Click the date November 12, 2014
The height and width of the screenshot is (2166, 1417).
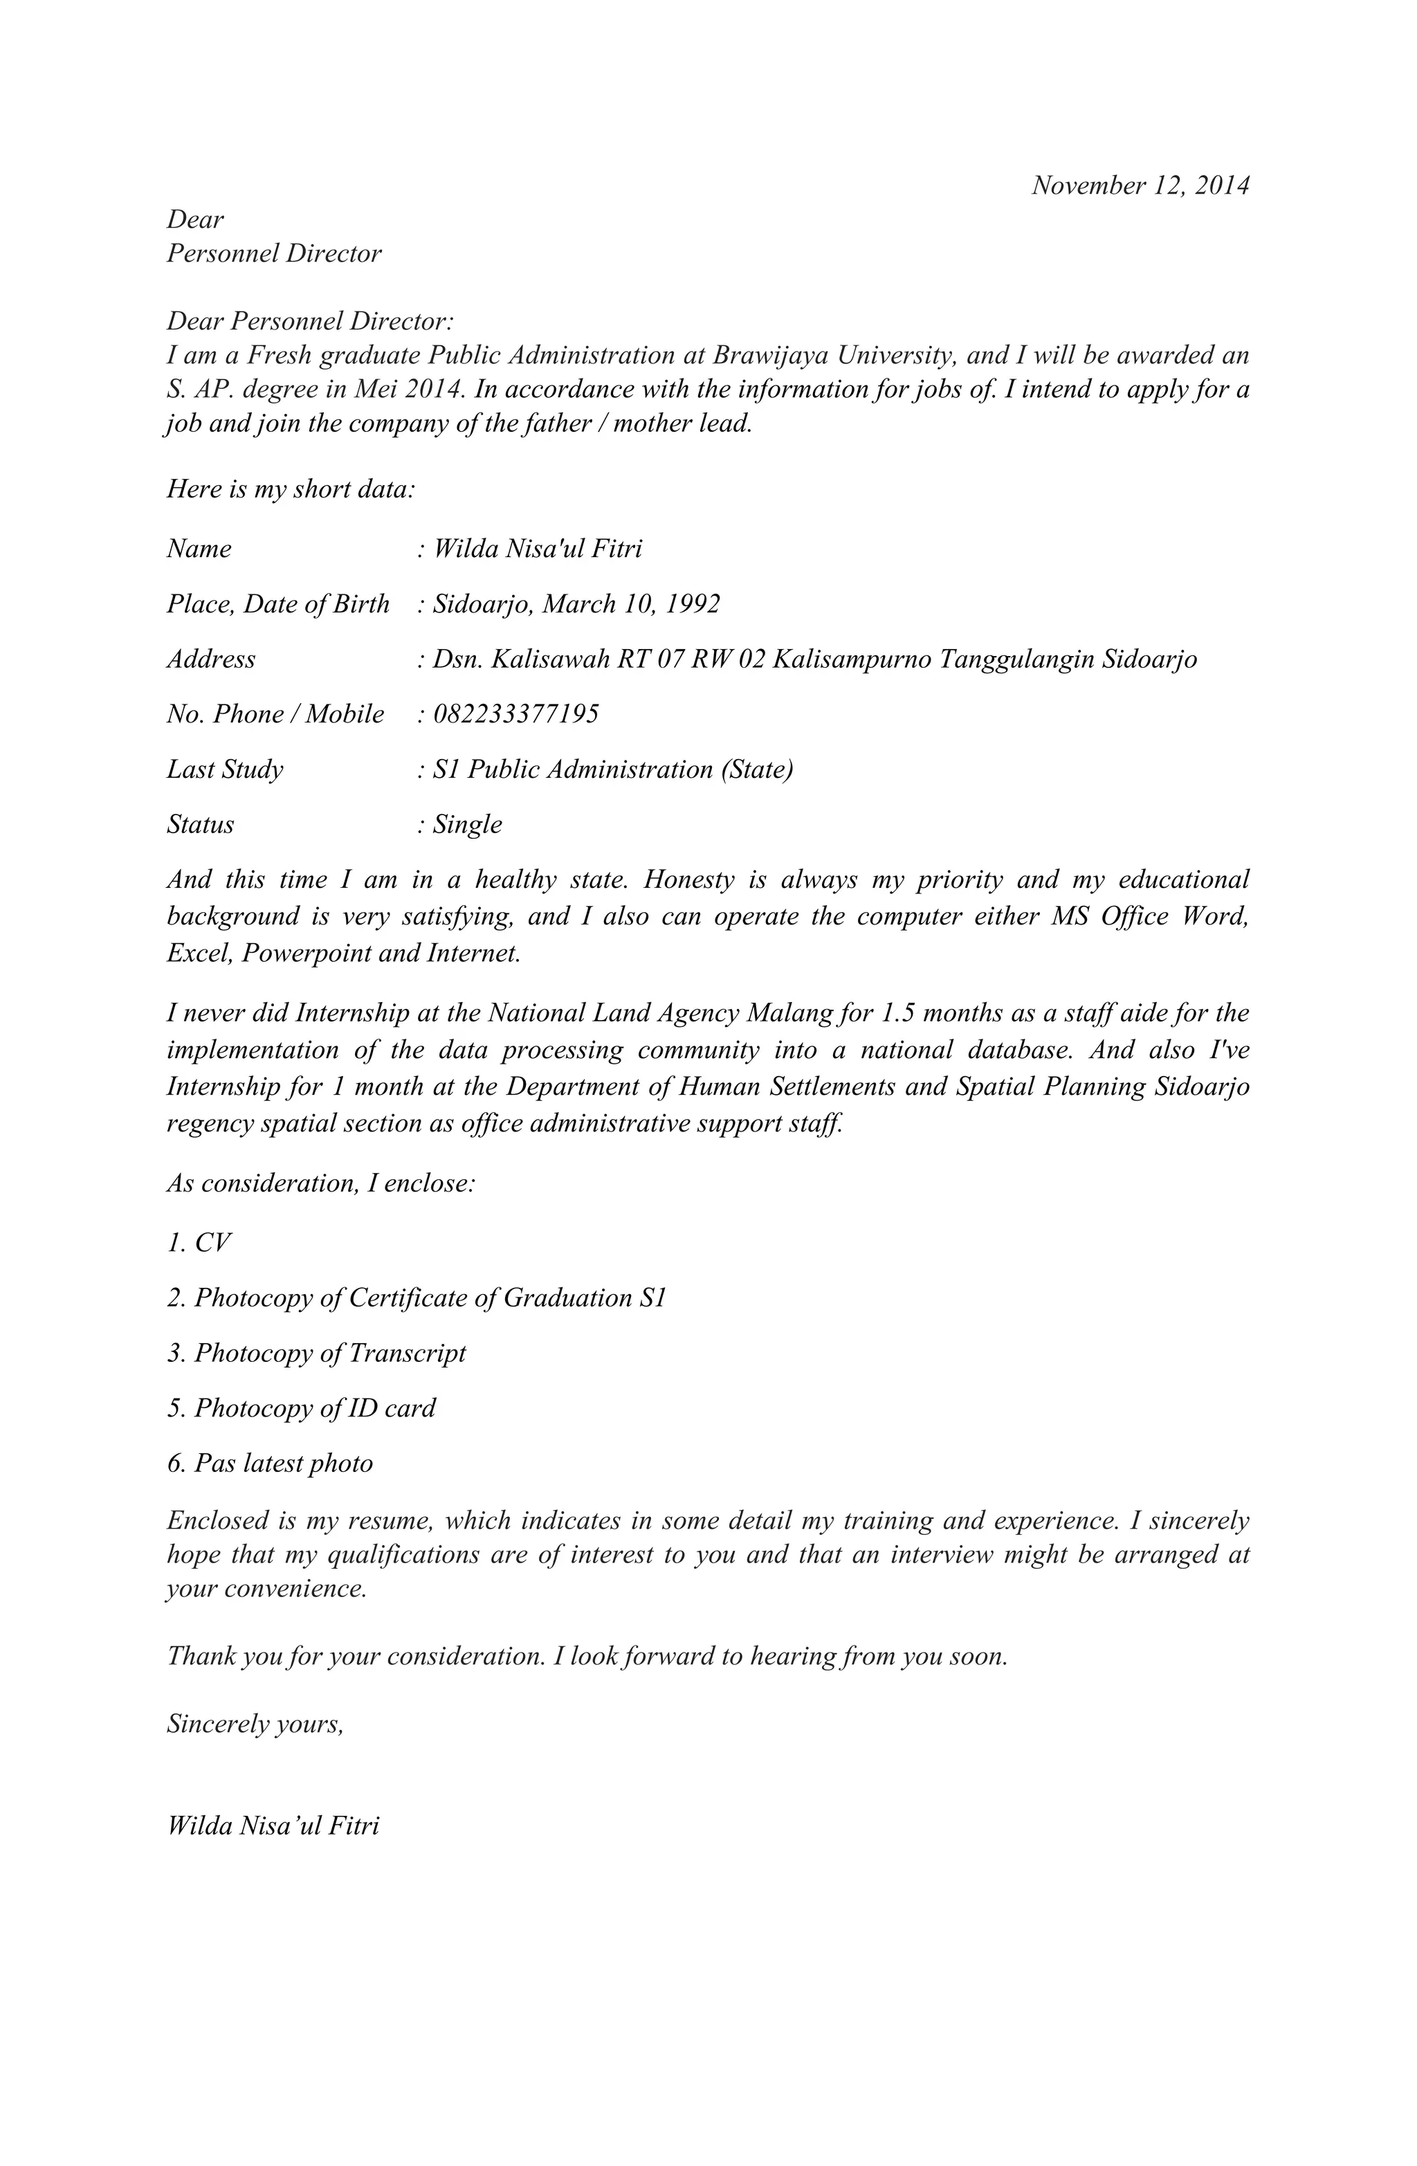pos(1140,185)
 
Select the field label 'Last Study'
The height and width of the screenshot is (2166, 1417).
pos(225,770)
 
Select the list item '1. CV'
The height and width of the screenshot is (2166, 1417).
pos(199,1243)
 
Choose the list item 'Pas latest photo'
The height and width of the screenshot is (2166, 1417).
pos(271,1464)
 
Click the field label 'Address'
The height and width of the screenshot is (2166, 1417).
pos(211,659)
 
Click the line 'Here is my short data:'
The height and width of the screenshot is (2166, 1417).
pos(291,490)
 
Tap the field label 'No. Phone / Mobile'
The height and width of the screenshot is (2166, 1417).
pos(275,714)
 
